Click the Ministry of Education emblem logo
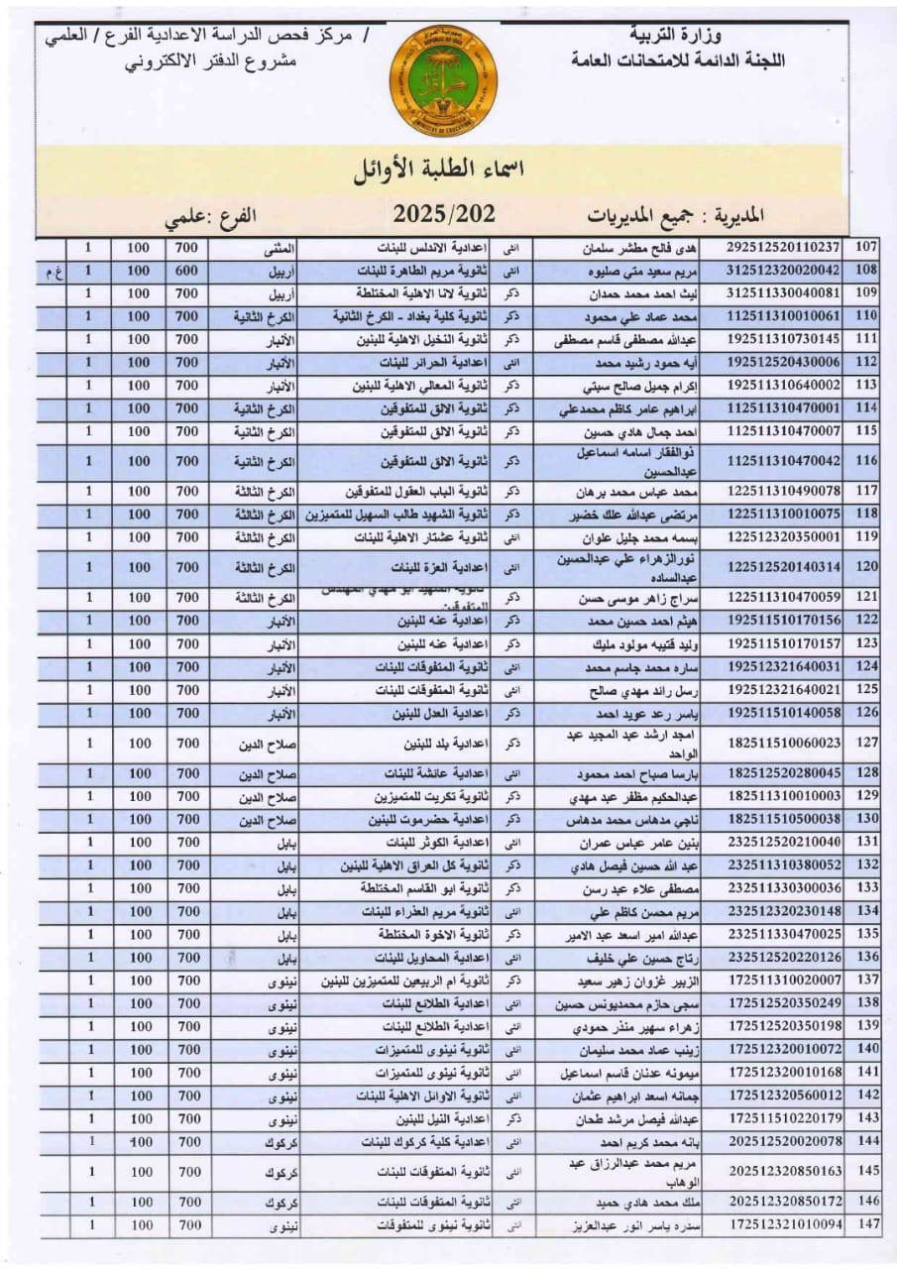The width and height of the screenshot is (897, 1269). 443,79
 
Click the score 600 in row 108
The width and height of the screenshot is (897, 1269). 186,270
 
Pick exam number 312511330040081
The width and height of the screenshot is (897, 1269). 783,292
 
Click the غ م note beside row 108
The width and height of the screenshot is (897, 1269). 51,270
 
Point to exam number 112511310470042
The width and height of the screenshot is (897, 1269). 783,461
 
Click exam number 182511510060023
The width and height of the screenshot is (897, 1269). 783,743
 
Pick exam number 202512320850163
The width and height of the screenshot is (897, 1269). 783,1171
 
